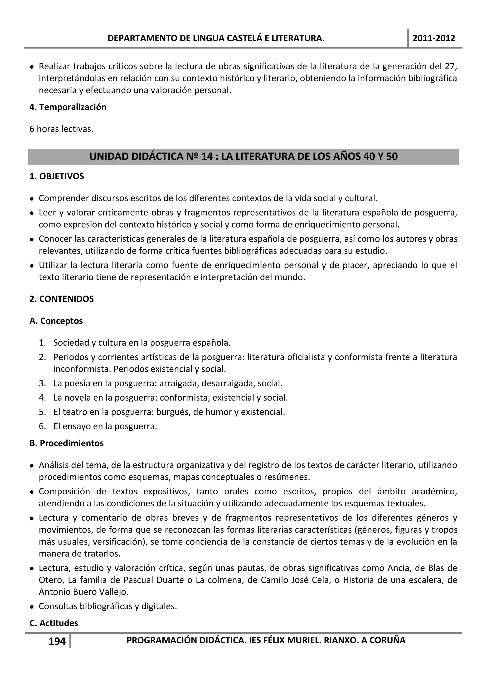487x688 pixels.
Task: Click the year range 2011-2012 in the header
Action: tap(434, 38)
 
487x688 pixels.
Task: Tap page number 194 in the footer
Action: tap(57, 641)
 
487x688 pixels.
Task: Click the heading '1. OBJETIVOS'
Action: tap(57, 176)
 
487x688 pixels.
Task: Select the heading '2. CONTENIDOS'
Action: tap(62, 299)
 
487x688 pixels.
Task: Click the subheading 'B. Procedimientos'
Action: tap(67, 443)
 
